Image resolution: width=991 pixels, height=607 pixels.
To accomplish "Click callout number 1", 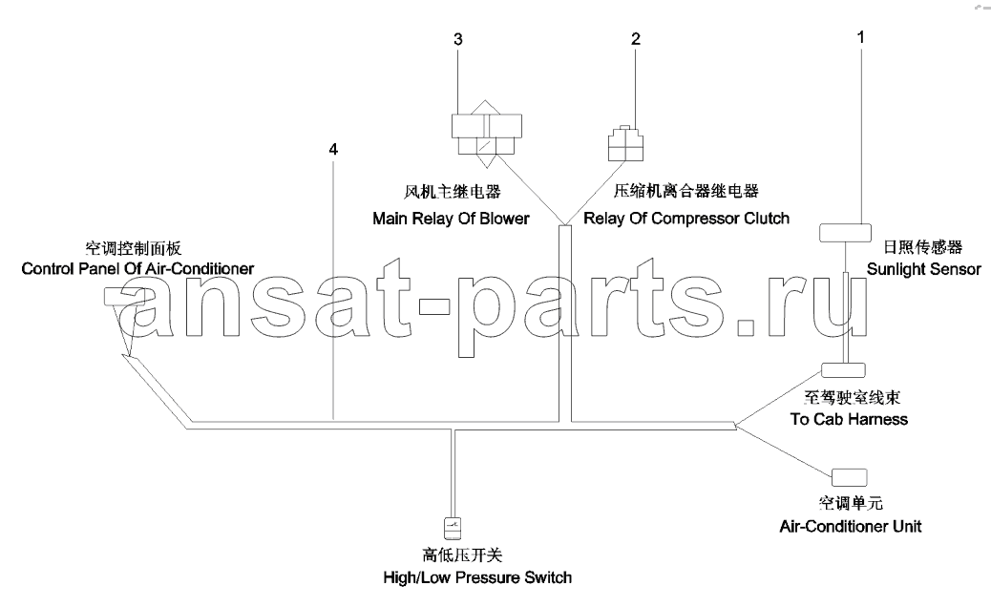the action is coord(860,37).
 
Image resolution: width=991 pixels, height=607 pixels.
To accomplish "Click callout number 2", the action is coord(636,39).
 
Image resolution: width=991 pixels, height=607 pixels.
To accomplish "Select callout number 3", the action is coord(458,39).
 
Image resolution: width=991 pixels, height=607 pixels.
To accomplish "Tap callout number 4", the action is coord(334,149).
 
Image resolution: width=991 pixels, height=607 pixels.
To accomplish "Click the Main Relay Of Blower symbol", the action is coord(487,134).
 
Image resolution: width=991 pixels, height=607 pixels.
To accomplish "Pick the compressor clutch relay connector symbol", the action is coord(625,143).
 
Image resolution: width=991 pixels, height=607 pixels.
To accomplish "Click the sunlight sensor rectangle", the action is coord(845,233).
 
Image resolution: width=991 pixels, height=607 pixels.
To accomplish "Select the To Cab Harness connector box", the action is coord(843,370).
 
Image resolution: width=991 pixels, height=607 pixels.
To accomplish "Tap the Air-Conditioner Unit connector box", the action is coord(850,477).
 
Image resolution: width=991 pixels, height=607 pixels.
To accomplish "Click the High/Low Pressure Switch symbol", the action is coord(453,528).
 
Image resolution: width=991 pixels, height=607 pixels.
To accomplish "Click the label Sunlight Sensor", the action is coord(923,269).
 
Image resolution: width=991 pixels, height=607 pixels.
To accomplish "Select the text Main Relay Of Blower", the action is coord(451,219).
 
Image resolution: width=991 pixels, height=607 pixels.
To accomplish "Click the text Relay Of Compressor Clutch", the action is coord(686,219).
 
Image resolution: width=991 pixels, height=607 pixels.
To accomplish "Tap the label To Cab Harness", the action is coord(849,419).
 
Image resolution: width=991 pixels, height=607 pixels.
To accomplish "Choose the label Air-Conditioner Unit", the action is coord(850,526).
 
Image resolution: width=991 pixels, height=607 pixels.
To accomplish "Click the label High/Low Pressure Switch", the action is coord(477,577).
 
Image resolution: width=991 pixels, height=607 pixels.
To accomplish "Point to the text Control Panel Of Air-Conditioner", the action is coord(137,268).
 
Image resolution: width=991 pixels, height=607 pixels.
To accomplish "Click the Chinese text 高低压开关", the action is coord(462,555).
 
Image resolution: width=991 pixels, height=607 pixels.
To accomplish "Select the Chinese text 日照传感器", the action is coord(923,247).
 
